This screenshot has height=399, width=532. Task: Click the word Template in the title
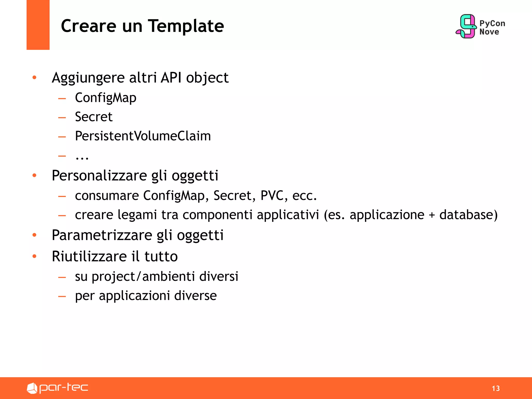(186, 26)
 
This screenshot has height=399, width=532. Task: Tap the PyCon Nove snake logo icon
(467, 26)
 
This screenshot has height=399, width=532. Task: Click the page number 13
(496, 388)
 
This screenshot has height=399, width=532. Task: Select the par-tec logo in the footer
(57, 388)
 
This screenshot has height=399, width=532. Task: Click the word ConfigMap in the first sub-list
(105, 98)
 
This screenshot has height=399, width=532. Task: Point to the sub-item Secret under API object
(94, 117)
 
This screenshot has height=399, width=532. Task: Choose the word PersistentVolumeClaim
(143, 136)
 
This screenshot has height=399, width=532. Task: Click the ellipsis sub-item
(82, 157)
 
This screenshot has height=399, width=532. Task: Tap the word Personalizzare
(99, 176)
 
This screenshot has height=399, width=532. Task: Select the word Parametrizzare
(102, 235)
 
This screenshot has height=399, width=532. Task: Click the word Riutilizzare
(89, 257)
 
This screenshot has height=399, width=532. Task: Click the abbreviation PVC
(272, 196)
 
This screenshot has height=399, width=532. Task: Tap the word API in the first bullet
(171, 78)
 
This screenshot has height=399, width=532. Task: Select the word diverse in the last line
(195, 296)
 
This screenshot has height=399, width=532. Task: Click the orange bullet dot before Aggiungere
(34, 77)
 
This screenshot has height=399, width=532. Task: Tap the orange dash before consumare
(62, 196)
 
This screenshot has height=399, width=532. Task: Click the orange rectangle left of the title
(38, 25)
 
